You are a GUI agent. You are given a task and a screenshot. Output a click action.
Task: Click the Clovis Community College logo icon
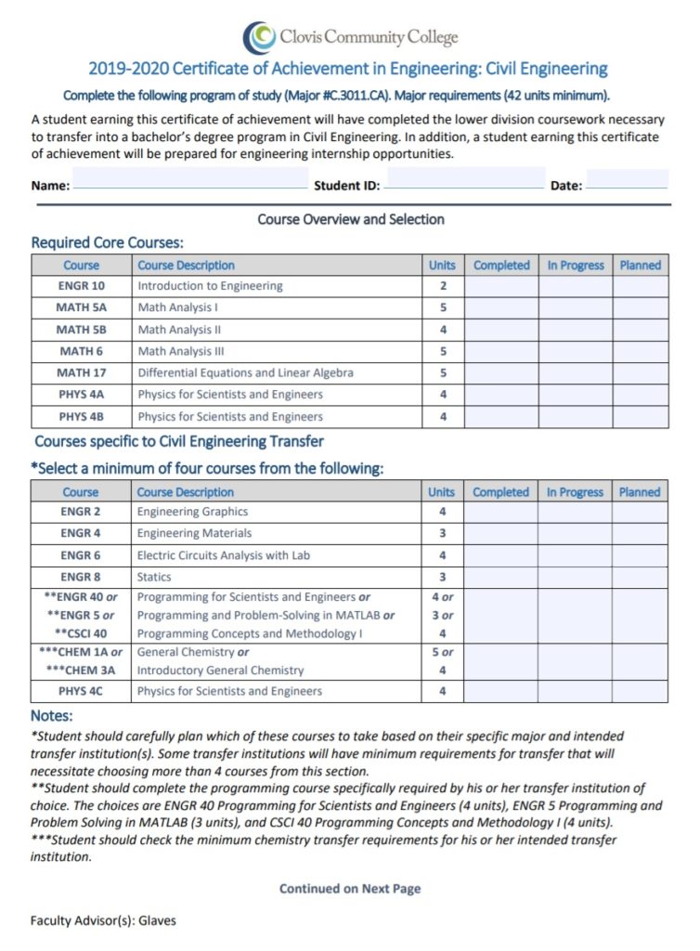point(259,37)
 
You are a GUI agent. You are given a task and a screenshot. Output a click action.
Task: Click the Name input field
point(190,178)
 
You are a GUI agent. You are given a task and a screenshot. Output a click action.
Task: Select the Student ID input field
point(464,178)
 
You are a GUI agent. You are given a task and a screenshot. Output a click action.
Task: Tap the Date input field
point(627,178)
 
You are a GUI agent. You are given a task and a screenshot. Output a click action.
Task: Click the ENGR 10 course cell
point(82,286)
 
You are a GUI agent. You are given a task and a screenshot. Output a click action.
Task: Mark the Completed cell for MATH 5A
point(501,307)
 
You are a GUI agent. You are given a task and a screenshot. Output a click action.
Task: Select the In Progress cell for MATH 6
point(575,351)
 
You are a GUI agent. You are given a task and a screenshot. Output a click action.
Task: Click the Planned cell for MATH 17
point(640,373)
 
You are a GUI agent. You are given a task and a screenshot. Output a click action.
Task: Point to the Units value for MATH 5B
point(443,330)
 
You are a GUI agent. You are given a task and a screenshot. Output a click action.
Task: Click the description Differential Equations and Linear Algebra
point(245,373)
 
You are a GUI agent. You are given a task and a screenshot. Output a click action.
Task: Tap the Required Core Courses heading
point(108,242)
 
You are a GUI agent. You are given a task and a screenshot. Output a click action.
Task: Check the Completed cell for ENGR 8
point(500,577)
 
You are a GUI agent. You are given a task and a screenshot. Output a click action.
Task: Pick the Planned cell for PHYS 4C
point(640,691)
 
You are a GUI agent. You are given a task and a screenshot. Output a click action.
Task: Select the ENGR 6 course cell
point(82,555)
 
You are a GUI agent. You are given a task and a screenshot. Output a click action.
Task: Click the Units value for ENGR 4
point(442,533)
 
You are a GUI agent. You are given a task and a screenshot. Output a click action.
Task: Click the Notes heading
point(51,716)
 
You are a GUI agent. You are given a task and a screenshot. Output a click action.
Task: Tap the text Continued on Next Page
point(350,889)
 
